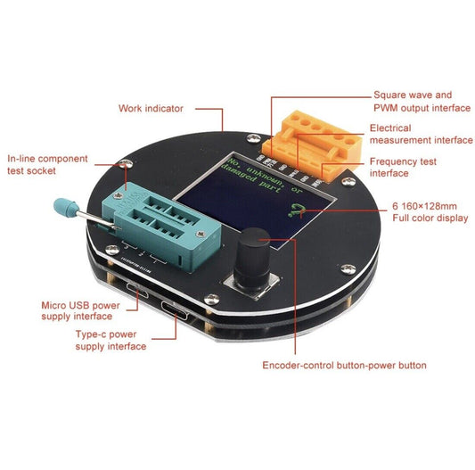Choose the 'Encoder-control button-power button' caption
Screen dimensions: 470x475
click(x=344, y=366)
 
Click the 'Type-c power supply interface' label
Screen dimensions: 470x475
click(x=111, y=340)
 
